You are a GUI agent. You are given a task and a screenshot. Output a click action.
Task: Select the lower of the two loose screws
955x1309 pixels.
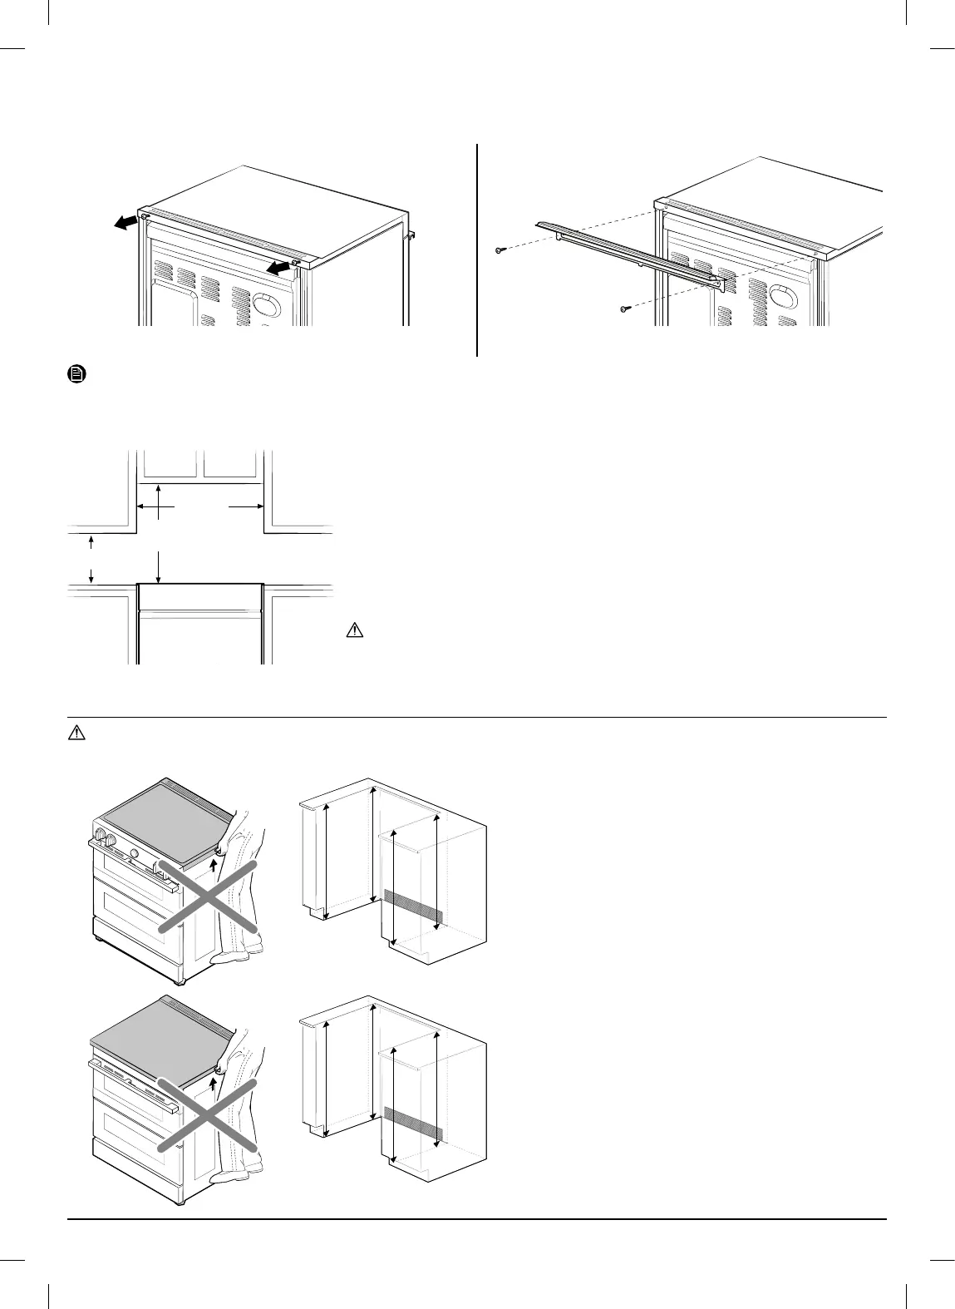tap(625, 309)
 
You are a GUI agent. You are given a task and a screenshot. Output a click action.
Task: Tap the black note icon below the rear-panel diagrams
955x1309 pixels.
tap(76, 375)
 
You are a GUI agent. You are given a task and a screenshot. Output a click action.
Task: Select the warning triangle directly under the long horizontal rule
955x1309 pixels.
tap(76, 733)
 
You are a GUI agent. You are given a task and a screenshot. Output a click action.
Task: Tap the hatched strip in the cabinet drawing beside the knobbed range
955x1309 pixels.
tap(412, 906)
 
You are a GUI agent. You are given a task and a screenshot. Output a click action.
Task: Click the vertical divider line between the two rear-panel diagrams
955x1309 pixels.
tap(477, 249)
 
